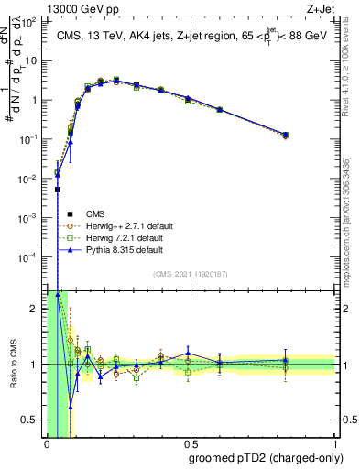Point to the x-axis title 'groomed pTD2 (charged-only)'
pos(266,458)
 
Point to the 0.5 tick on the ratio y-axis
pos(33,420)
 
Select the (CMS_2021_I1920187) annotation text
pos(191,273)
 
